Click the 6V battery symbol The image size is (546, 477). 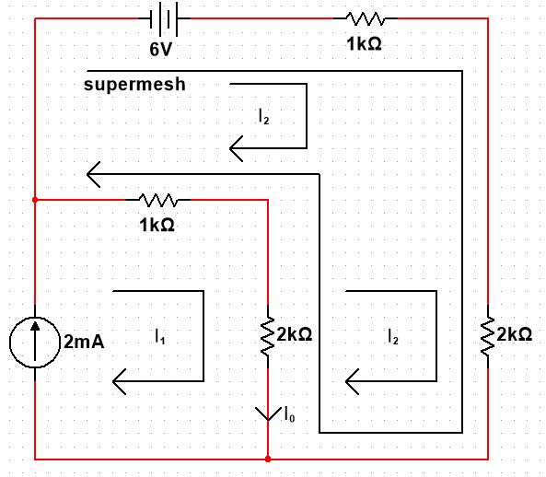(164, 18)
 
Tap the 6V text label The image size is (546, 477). (161, 49)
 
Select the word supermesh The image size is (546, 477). (134, 85)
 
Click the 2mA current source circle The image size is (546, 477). (35, 343)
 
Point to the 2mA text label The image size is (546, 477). (84, 342)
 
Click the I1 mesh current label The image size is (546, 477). (160, 337)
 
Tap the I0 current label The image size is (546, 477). (289, 414)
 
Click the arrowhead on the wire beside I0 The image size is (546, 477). (268, 414)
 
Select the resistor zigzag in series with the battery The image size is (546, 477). (366, 18)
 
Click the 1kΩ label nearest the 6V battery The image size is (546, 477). (364, 44)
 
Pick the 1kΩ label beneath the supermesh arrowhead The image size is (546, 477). (157, 225)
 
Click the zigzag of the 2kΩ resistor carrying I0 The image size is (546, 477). (268, 337)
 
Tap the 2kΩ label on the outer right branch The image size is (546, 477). (515, 334)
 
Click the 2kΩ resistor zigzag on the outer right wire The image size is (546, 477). (487, 337)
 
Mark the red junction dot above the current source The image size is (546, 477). (35, 200)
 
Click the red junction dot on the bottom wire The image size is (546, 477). (268, 460)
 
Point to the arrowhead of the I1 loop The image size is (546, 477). (119, 381)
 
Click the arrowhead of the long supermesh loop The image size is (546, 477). (93, 174)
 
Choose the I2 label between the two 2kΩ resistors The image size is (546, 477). (393, 337)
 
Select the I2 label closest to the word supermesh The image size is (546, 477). (264, 116)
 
